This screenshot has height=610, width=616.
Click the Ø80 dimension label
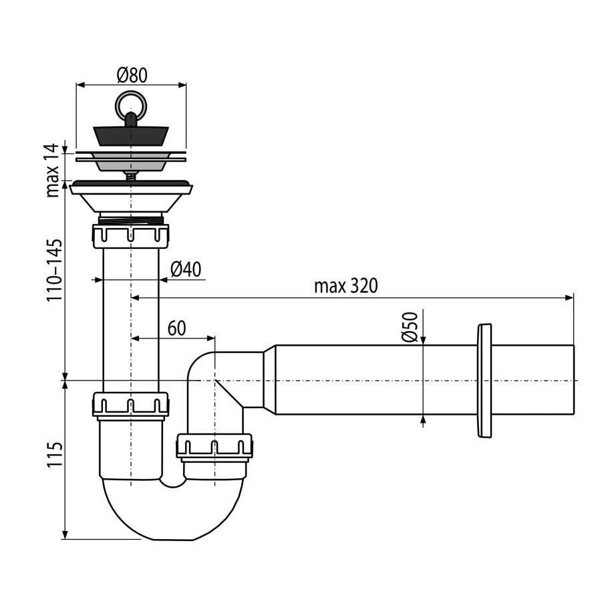(x=131, y=75)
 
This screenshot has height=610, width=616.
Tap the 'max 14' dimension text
(x=53, y=171)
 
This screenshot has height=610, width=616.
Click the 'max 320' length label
(x=345, y=286)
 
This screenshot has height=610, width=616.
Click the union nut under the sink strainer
(x=130, y=235)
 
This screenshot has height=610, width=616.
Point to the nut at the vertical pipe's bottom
(x=130, y=405)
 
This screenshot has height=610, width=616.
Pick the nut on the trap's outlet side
(x=214, y=447)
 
